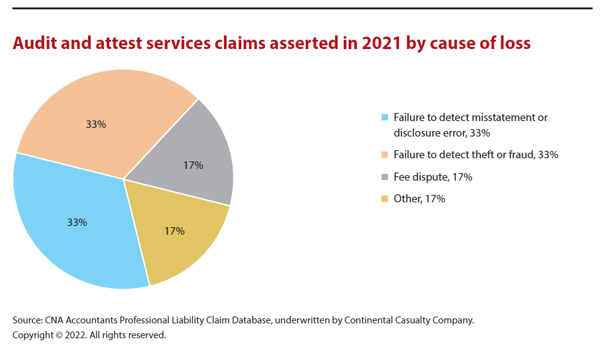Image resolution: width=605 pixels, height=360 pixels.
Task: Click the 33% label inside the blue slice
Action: point(77,222)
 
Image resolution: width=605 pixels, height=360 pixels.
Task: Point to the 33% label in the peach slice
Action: point(96,124)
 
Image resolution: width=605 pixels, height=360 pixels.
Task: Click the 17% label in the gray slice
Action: point(193,166)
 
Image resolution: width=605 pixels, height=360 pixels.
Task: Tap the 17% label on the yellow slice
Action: point(174,231)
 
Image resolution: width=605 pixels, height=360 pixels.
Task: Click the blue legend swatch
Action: point(385,117)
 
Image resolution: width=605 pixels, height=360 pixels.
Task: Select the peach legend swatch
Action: point(385,155)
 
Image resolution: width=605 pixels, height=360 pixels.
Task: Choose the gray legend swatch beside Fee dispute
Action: point(385,178)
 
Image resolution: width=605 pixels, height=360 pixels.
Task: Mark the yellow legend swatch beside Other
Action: point(385,199)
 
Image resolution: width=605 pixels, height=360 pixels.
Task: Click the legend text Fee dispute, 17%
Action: point(432,178)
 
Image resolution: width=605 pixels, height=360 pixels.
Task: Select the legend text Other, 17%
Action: point(419,199)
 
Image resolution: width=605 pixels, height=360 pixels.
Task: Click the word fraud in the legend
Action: point(518,155)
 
